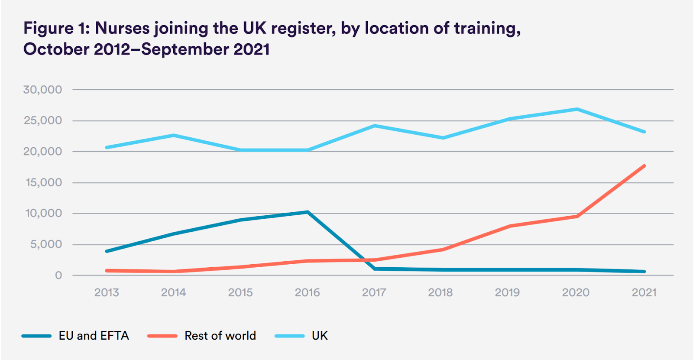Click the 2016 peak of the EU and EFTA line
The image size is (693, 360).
coord(308,212)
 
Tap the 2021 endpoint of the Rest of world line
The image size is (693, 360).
coord(644,166)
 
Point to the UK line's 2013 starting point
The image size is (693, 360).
coord(107,147)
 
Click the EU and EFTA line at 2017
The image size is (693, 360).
coord(374,269)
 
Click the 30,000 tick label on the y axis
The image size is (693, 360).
coord(42,90)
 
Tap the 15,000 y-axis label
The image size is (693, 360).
coord(44,182)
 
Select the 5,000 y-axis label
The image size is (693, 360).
coord(46,244)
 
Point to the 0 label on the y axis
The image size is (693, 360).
coord(58,276)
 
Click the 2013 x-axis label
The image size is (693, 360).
coord(107,292)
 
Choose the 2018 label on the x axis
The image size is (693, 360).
coord(440,292)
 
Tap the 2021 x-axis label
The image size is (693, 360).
coord(644,292)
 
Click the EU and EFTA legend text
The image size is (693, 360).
coord(94,336)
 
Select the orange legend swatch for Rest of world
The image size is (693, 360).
coord(162,336)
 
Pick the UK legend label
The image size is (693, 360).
coord(320,336)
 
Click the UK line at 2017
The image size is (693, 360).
coord(375,126)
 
